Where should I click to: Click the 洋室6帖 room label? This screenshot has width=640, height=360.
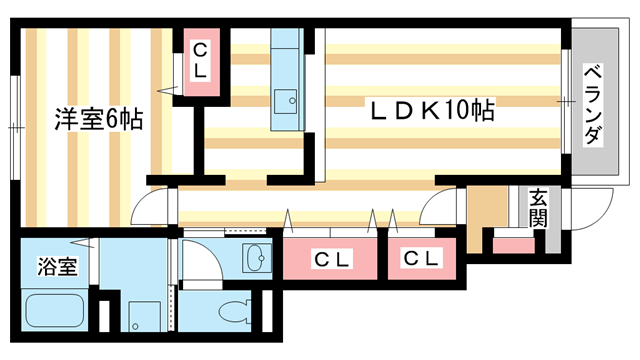[x=98, y=120]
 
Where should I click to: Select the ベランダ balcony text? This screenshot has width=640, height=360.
[x=592, y=103]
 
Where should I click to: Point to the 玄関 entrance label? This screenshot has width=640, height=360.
[x=539, y=207]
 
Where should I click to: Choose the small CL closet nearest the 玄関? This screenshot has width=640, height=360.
[x=421, y=259]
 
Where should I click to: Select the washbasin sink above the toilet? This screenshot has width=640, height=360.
[x=255, y=259]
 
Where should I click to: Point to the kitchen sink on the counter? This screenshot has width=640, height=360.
[x=290, y=99]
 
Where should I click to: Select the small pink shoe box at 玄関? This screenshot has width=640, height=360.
[x=514, y=243]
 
